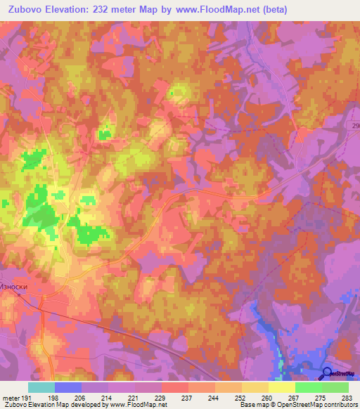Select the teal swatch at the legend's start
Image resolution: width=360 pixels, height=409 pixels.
(41, 387)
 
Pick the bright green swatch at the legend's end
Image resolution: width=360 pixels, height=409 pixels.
(335, 387)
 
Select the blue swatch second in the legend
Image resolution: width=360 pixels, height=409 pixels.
(68, 387)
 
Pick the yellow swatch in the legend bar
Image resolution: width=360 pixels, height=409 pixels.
(282, 387)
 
